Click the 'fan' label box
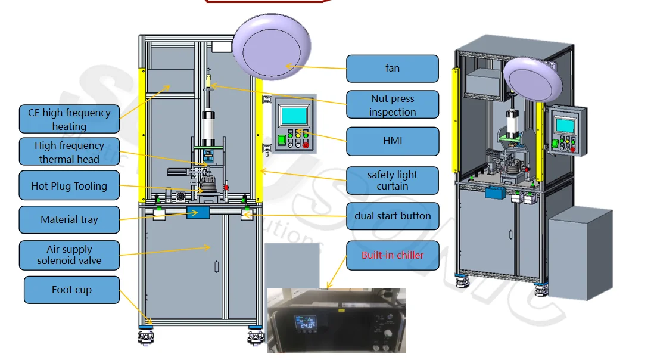(392, 69)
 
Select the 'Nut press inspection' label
(392, 105)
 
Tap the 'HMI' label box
(392, 141)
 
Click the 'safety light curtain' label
(392, 181)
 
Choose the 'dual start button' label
(392, 216)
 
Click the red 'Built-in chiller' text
(393, 255)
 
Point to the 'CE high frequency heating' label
(69, 119)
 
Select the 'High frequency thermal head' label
(69, 152)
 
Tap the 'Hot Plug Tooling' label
(69, 186)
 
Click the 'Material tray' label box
(69, 219)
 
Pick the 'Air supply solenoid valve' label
(69, 255)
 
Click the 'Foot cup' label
(71, 290)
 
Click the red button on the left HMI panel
(306, 144)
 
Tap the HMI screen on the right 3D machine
(564, 125)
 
